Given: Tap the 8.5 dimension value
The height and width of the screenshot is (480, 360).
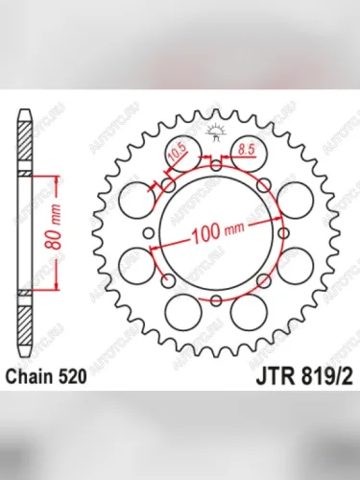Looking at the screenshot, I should (246, 149).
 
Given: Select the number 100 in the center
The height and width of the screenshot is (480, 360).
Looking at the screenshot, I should (205, 232).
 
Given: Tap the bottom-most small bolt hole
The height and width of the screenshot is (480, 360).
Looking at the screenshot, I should (216, 300).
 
